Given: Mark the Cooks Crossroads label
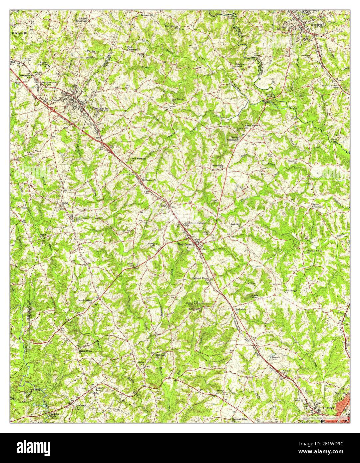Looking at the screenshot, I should point(133,49).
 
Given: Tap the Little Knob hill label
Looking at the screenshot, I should point(255,296).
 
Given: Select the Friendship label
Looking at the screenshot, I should point(218,165).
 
